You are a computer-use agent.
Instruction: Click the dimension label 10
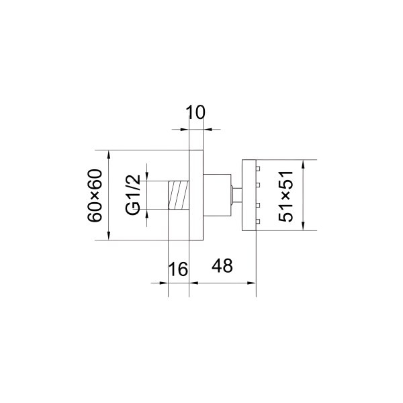tap(195, 112)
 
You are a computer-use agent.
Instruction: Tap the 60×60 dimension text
tap(95, 195)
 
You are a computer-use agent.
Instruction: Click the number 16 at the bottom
tap(178, 269)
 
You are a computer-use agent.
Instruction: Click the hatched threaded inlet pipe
tap(178, 195)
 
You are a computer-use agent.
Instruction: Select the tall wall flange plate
tap(196, 195)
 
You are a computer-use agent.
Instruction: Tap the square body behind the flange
tap(216, 195)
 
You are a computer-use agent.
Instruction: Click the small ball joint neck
tap(236, 195)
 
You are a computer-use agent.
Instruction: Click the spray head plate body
tap(247, 195)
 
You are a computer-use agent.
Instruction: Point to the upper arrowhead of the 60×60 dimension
tap(108, 154)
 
